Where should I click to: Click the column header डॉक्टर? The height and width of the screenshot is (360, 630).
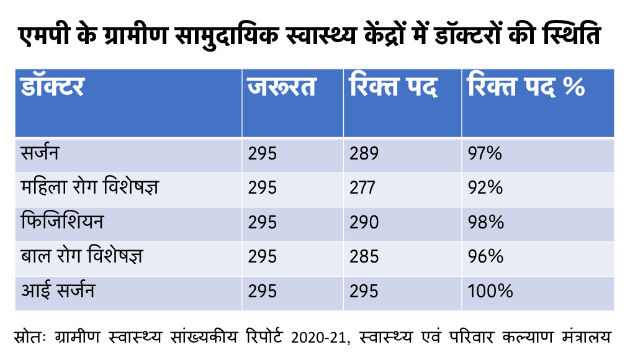pyautogui.click(x=53, y=88)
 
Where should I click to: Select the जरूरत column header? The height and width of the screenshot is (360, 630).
pyautogui.click(x=282, y=88)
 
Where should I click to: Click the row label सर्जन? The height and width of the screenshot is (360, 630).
pyautogui.click(x=40, y=153)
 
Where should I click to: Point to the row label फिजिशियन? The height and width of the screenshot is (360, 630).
pyautogui.click(x=61, y=222)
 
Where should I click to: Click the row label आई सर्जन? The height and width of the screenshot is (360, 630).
pyautogui.click(x=57, y=290)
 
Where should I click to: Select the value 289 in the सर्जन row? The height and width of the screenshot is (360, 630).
pyautogui.click(x=364, y=154)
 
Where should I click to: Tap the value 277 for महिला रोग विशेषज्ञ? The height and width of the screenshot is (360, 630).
pyautogui.click(x=364, y=188)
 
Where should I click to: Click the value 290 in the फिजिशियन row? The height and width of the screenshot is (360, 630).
pyautogui.click(x=364, y=222)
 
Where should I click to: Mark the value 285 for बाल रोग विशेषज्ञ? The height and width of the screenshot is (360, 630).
pyautogui.click(x=364, y=256)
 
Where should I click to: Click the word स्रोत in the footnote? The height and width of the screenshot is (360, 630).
pyautogui.click(x=30, y=338)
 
